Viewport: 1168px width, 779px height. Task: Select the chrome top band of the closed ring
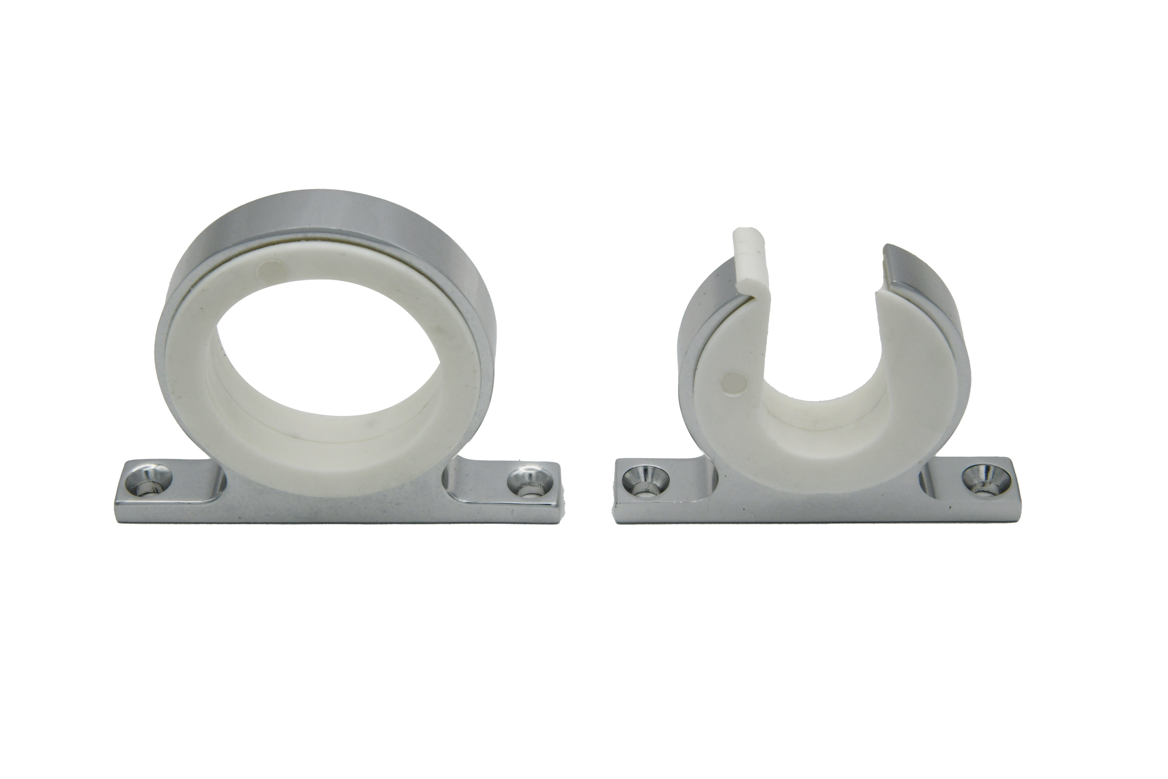click(328, 214)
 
